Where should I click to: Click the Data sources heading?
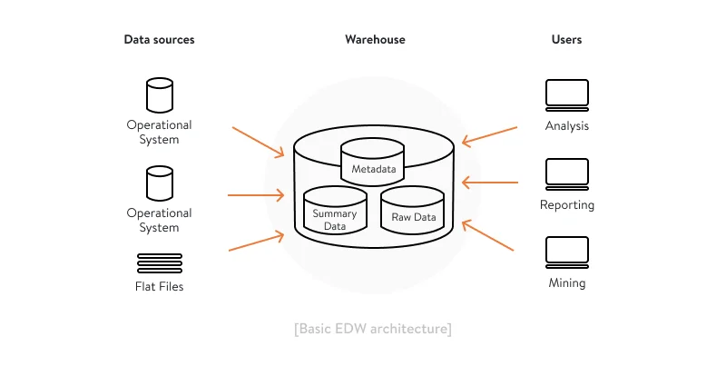[x=159, y=40]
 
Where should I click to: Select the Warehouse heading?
[x=375, y=40]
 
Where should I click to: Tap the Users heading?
[x=566, y=40]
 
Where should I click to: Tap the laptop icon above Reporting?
[x=566, y=173]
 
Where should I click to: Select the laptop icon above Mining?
[x=566, y=252]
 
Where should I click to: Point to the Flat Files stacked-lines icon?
[x=159, y=263]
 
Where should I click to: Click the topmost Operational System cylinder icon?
[x=159, y=95]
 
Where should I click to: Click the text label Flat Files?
[x=159, y=287]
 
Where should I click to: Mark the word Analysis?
[x=566, y=126]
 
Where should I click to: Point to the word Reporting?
[x=566, y=204]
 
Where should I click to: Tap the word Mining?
[x=566, y=282]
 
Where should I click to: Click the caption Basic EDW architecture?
[x=373, y=328]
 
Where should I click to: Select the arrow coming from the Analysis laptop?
[x=490, y=135]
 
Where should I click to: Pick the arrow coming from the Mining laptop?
[x=490, y=234]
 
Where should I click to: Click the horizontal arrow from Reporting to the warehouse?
[x=490, y=183]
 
